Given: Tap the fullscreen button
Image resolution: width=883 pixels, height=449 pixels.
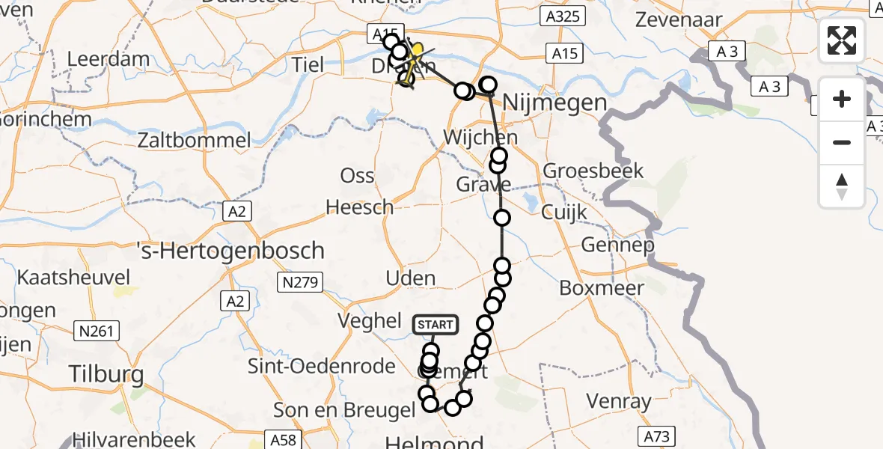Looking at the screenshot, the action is [842, 40].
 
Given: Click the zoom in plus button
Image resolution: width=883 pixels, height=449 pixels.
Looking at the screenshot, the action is [842, 99].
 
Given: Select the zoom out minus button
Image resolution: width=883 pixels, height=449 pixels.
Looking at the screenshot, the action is [842, 142].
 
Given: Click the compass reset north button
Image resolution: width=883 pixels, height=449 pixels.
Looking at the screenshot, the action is [842, 186].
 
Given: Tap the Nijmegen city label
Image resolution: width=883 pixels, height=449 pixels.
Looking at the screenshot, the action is [554, 103].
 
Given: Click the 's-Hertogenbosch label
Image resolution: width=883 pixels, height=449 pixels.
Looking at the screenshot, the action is [231, 250].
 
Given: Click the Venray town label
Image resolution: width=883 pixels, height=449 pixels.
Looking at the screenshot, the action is [619, 402].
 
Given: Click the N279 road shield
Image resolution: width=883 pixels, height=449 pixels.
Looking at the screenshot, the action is [299, 283].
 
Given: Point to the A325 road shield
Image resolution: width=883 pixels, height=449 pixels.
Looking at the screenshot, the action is [561, 16].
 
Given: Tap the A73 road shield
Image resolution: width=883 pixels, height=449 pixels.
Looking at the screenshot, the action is [656, 436].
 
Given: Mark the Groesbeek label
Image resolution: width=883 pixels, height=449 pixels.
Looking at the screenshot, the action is [593, 171].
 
